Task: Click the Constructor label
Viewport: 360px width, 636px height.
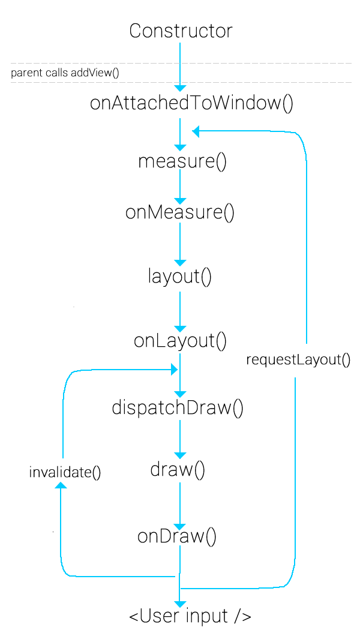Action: point(181,31)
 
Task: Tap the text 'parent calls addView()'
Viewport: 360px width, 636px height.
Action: point(65,73)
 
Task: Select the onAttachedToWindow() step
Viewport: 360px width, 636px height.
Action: point(191,103)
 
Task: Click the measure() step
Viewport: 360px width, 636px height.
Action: point(182,162)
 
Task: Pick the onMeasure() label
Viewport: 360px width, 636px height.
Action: point(179,212)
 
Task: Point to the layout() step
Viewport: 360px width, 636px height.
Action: point(180,277)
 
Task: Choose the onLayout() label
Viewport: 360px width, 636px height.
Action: point(180,341)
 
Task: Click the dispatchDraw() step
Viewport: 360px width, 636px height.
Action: point(178,407)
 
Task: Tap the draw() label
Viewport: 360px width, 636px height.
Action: point(178,470)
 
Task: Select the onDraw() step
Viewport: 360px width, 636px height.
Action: point(176,536)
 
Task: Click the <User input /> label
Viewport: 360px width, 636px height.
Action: point(190,616)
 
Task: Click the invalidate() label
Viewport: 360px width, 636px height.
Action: point(65,472)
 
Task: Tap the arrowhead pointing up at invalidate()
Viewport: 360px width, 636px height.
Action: point(61,485)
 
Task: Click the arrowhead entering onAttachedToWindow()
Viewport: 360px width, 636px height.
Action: point(180,88)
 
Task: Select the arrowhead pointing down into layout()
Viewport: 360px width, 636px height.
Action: point(180,263)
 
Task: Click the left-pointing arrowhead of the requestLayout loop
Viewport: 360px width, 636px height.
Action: point(196,131)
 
